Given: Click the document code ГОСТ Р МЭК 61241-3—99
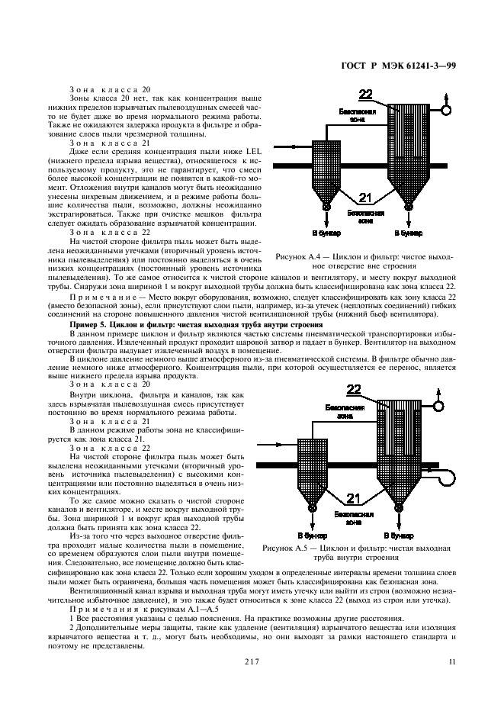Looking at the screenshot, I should (x=409, y=66).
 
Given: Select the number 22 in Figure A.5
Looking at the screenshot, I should (x=355, y=390).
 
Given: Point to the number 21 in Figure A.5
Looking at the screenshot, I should (x=353, y=499).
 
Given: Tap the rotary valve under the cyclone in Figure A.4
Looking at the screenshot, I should (x=327, y=206).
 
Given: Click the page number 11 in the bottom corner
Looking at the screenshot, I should (x=452, y=661).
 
